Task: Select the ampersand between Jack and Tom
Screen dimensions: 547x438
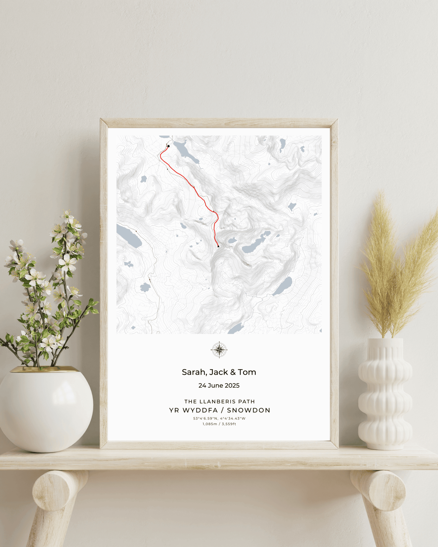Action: (x=233, y=372)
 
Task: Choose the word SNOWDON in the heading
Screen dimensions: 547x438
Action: (x=249, y=410)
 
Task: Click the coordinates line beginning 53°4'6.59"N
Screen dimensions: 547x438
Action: (x=219, y=418)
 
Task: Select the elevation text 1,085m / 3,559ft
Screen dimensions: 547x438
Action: (x=219, y=424)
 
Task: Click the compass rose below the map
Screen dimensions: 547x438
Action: (x=219, y=350)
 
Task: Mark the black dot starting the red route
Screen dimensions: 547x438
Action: (x=169, y=146)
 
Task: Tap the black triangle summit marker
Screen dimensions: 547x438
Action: (x=218, y=246)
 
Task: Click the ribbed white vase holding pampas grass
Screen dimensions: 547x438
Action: (x=385, y=394)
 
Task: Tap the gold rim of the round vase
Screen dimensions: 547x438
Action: (x=45, y=369)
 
